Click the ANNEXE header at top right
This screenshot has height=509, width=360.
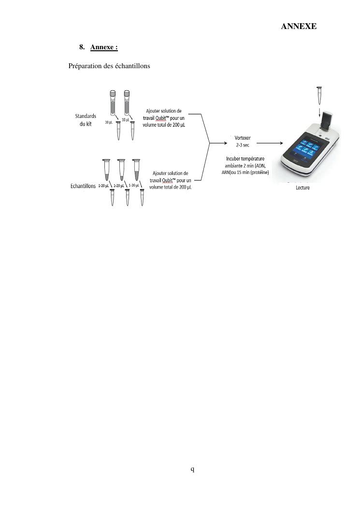[x=299, y=26]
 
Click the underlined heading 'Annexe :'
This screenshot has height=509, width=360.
[x=104, y=47]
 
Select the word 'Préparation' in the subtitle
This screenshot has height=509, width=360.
[x=85, y=66]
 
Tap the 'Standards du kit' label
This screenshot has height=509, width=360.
[x=86, y=120]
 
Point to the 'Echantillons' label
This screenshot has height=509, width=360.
[x=83, y=186]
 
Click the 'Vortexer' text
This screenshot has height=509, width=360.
[x=243, y=138]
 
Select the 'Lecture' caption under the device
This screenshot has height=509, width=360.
[x=302, y=188]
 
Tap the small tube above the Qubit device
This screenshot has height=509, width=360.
[x=319, y=95]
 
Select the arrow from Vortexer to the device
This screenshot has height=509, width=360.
[x=270, y=143]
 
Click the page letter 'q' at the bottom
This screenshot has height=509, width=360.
[x=192, y=469]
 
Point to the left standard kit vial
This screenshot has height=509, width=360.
[x=113, y=103]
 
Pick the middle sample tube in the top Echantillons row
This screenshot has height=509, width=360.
[x=121, y=170]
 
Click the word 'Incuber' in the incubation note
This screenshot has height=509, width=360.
[x=233, y=159]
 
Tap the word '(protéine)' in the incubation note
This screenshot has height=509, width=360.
[x=259, y=173]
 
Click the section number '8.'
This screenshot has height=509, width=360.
[x=82, y=47]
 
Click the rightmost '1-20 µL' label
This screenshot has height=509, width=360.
[x=134, y=185]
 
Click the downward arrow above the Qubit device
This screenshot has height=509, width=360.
[x=320, y=112]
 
